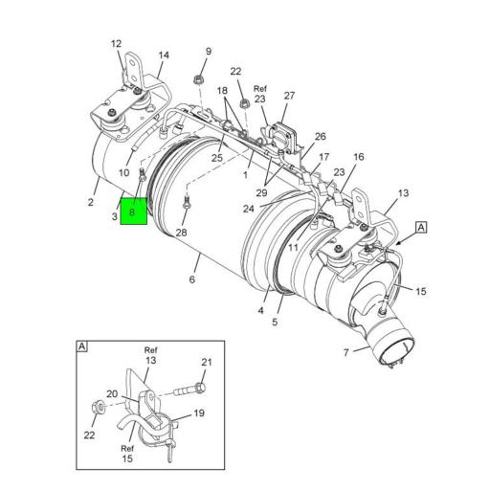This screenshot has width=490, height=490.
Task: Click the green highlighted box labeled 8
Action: [x=133, y=212]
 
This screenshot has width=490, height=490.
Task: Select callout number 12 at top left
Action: [x=116, y=44]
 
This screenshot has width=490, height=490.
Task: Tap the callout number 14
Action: [x=163, y=56]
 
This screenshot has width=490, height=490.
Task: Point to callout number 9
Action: [x=208, y=51]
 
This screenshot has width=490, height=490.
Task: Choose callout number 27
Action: [x=289, y=95]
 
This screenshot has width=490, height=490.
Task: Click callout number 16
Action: [x=359, y=157]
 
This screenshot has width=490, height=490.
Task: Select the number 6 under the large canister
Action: [x=191, y=278]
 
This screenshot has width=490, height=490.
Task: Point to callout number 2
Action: [x=91, y=202]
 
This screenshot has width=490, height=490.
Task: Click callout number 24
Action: [x=248, y=208]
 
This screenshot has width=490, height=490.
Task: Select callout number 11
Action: [x=294, y=247]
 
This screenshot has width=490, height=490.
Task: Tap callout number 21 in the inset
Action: [x=206, y=361]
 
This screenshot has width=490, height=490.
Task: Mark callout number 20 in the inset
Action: [x=112, y=393]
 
